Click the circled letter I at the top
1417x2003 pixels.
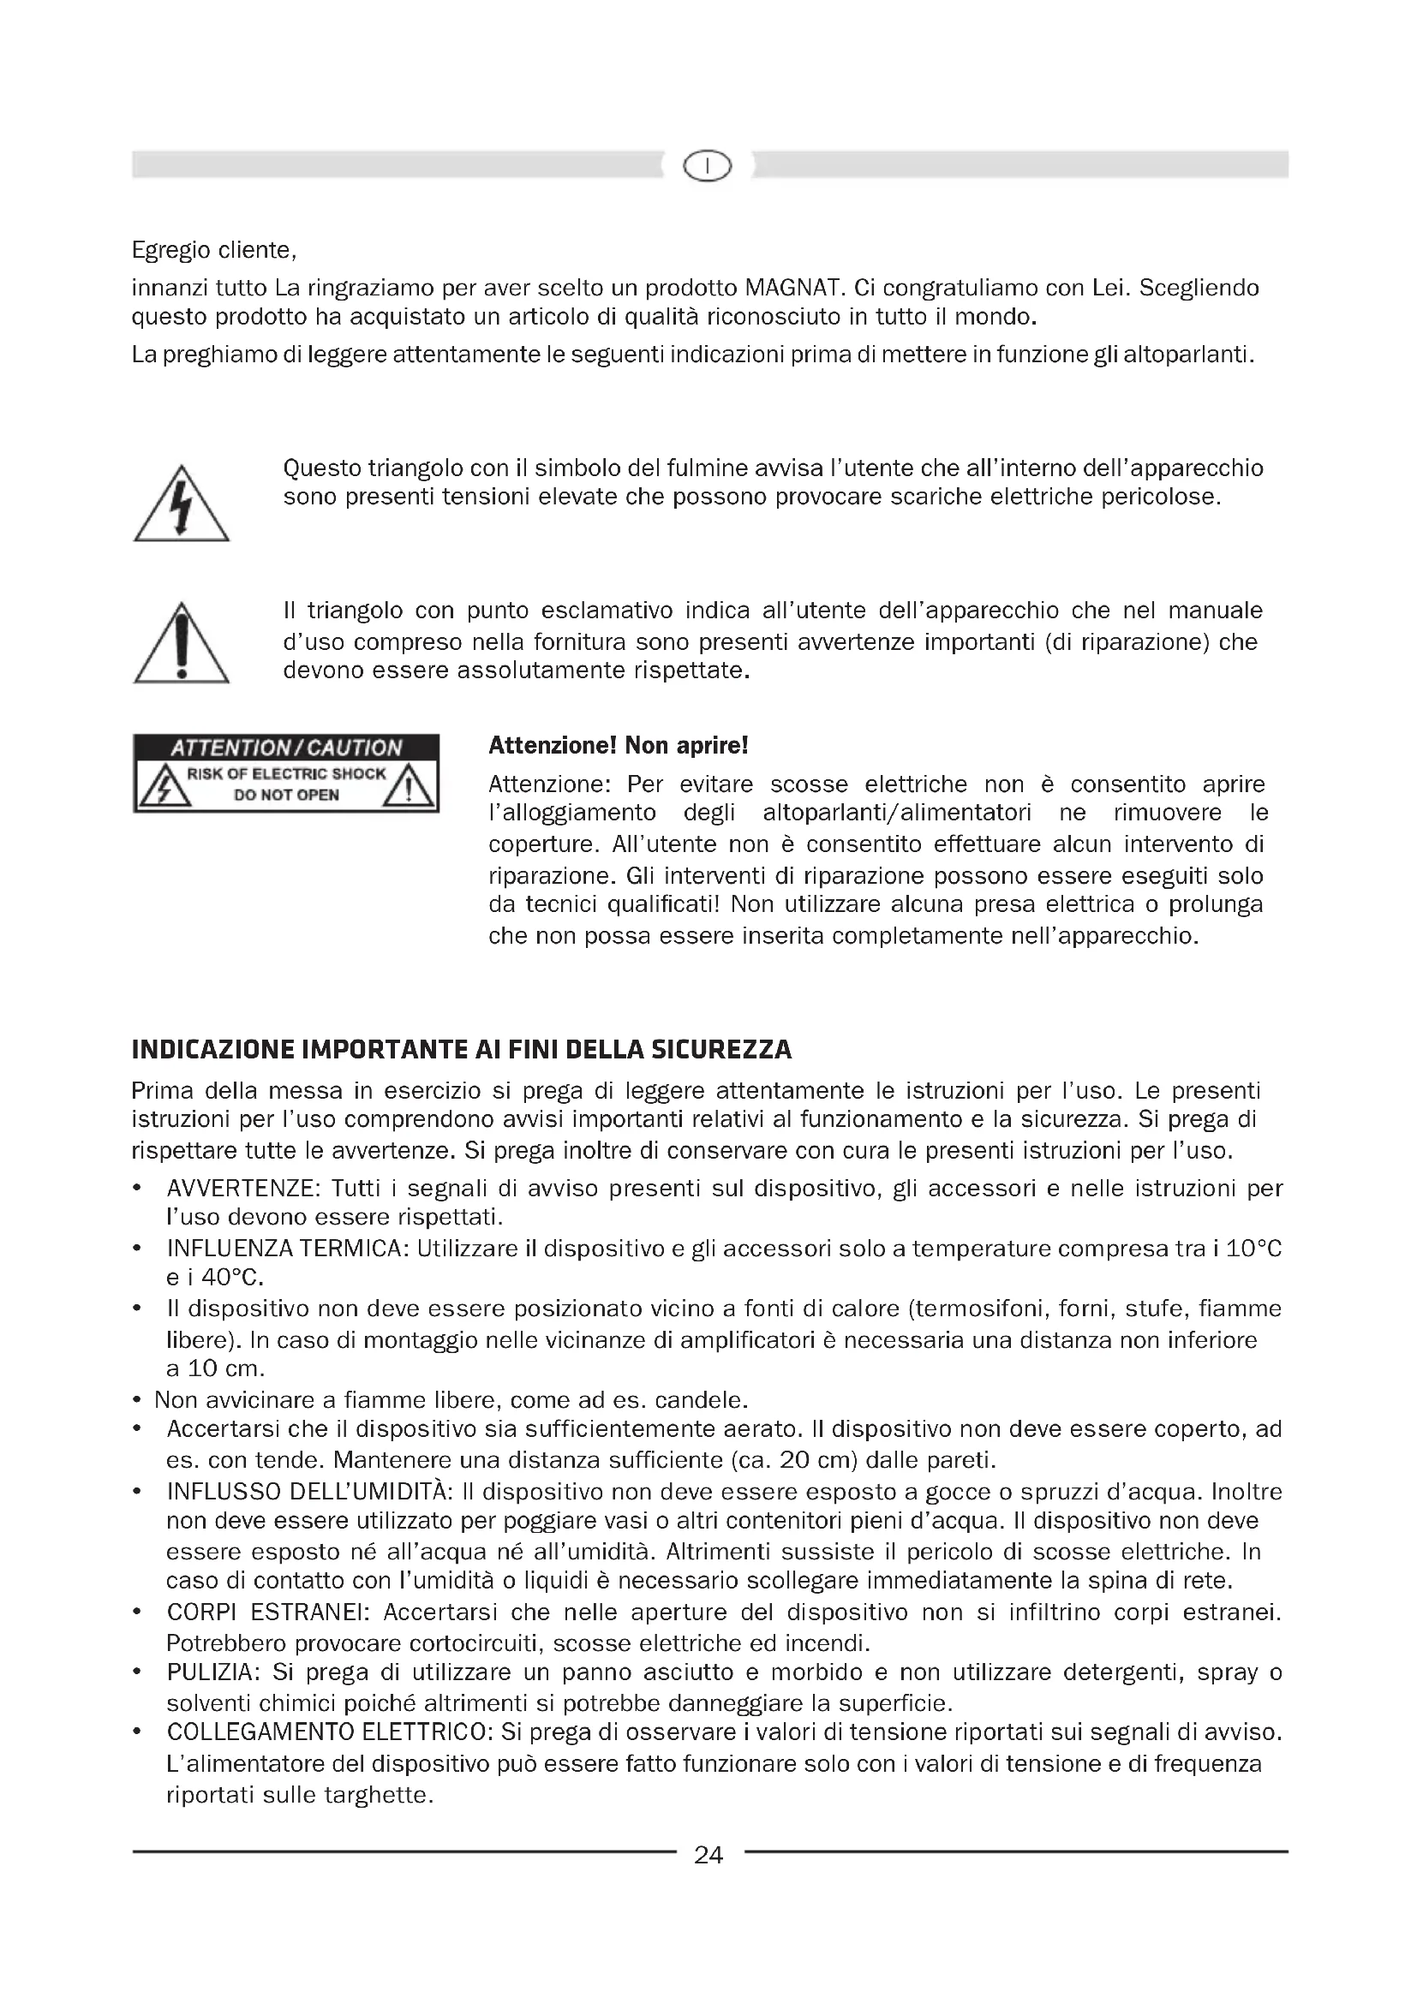click(x=708, y=164)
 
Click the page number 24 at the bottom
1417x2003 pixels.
click(x=708, y=1855)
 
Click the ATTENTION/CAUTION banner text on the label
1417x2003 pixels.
click(x=285, y=748)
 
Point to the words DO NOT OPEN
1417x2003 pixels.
click(x=285, y=795)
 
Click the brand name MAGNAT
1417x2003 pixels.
click(x=792, y=287)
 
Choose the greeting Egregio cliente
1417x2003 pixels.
click(x=214, y=250)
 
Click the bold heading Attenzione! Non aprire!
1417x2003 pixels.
click(x=618, y=746)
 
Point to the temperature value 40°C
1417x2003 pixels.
click(x=232, y=1278)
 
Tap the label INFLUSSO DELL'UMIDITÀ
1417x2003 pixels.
click(x=308, y=1492)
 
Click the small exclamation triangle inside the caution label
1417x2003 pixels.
click(x=409, y=789)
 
